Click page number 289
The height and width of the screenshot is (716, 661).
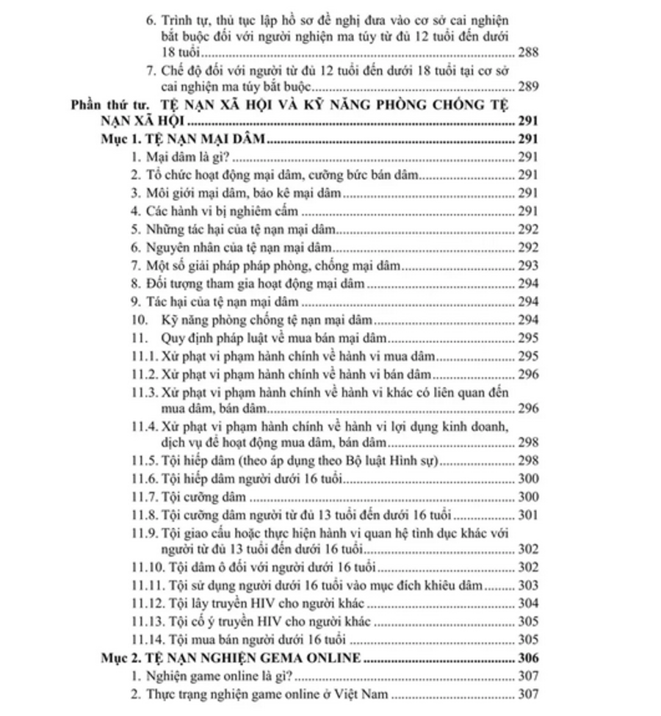point(529,87)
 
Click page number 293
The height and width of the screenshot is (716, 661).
point(529,265)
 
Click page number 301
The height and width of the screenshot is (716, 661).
point(529,513)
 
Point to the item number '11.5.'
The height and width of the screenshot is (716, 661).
point(145,460)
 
